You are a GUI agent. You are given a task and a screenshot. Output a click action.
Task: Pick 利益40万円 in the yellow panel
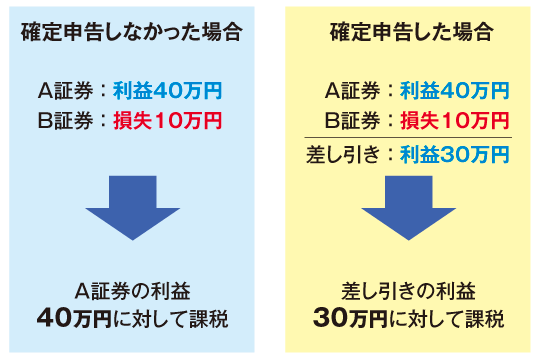[x=454, y=91]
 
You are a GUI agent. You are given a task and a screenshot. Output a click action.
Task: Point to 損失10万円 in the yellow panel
[x=454, y=121]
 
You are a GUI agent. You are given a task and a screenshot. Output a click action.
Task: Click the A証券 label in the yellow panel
[x=351, y=91]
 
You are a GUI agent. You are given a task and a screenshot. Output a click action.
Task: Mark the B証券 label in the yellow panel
[x=351, y=121]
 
